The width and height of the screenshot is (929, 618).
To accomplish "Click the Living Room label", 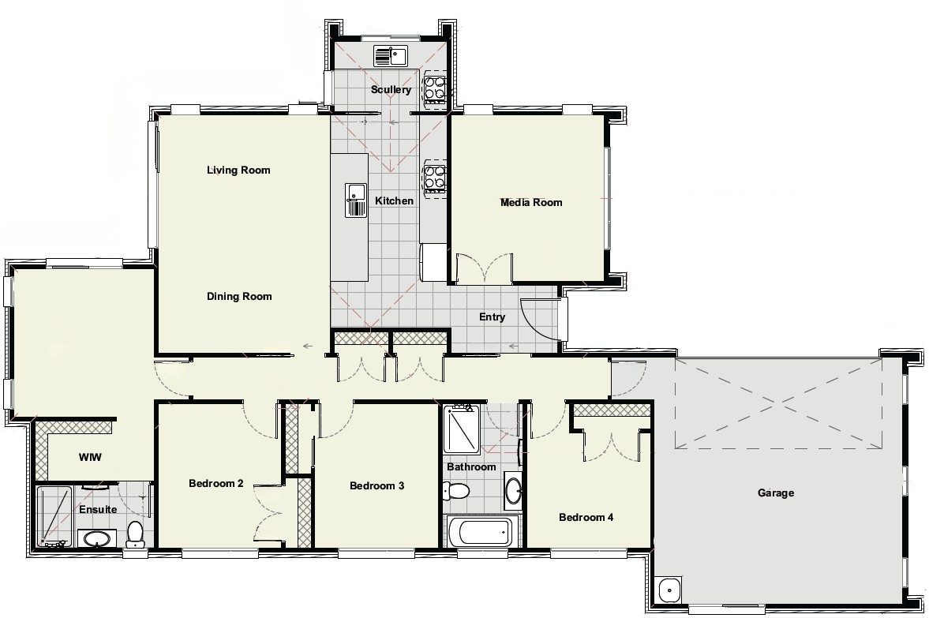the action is point(238,170).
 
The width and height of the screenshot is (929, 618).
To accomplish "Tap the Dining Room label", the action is point(239,296).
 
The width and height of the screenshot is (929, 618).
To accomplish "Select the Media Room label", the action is point(531,202).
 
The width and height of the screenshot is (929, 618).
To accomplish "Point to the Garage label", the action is point(776,493).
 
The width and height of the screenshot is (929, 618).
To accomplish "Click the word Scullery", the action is point(391,89).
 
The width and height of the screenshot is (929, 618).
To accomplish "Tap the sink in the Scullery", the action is point(391,56).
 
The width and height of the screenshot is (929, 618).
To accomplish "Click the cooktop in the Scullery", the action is point(434,88).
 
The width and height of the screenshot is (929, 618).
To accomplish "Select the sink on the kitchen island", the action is point(356,200).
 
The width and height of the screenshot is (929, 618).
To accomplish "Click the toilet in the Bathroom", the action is point(455,491).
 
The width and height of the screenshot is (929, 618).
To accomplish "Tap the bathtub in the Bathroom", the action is point(481,532).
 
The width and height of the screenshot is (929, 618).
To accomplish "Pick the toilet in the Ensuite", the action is point(135,534).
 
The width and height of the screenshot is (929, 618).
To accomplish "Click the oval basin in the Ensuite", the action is point(96,539).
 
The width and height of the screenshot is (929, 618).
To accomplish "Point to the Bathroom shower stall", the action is point(462,429).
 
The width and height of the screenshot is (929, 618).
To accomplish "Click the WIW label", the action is point(90,457).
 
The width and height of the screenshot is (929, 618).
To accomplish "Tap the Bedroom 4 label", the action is point(586,517).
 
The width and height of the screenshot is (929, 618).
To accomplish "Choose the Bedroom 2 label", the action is point(215,484).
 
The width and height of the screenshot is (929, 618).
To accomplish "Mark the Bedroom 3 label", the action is point(376,486).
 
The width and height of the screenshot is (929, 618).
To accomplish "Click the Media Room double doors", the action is point(485,268).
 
